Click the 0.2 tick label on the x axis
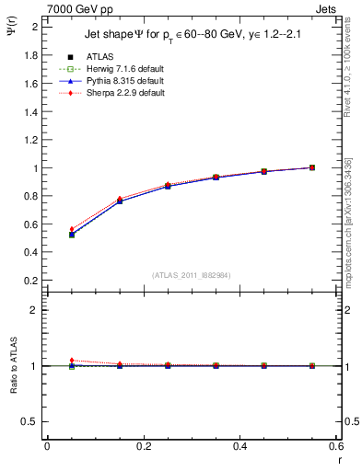[x=143, y=446]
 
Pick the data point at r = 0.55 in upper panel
[x=312, y=167]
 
